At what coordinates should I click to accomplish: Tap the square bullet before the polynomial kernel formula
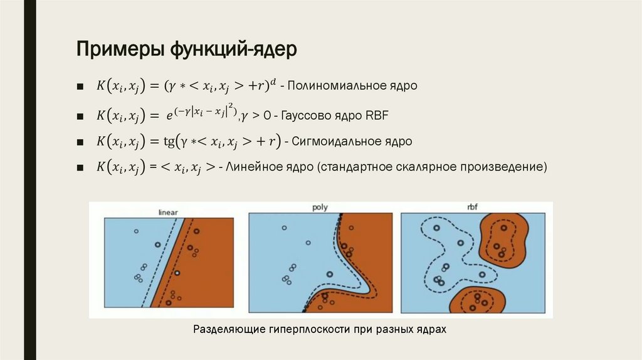pos(80,86)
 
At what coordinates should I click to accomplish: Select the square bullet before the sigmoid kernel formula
pos(80,142)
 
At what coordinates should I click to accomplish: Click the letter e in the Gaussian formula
pos(169,116)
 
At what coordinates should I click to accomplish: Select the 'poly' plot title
pos(320,208)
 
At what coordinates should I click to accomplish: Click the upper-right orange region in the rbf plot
pos(502,238)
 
